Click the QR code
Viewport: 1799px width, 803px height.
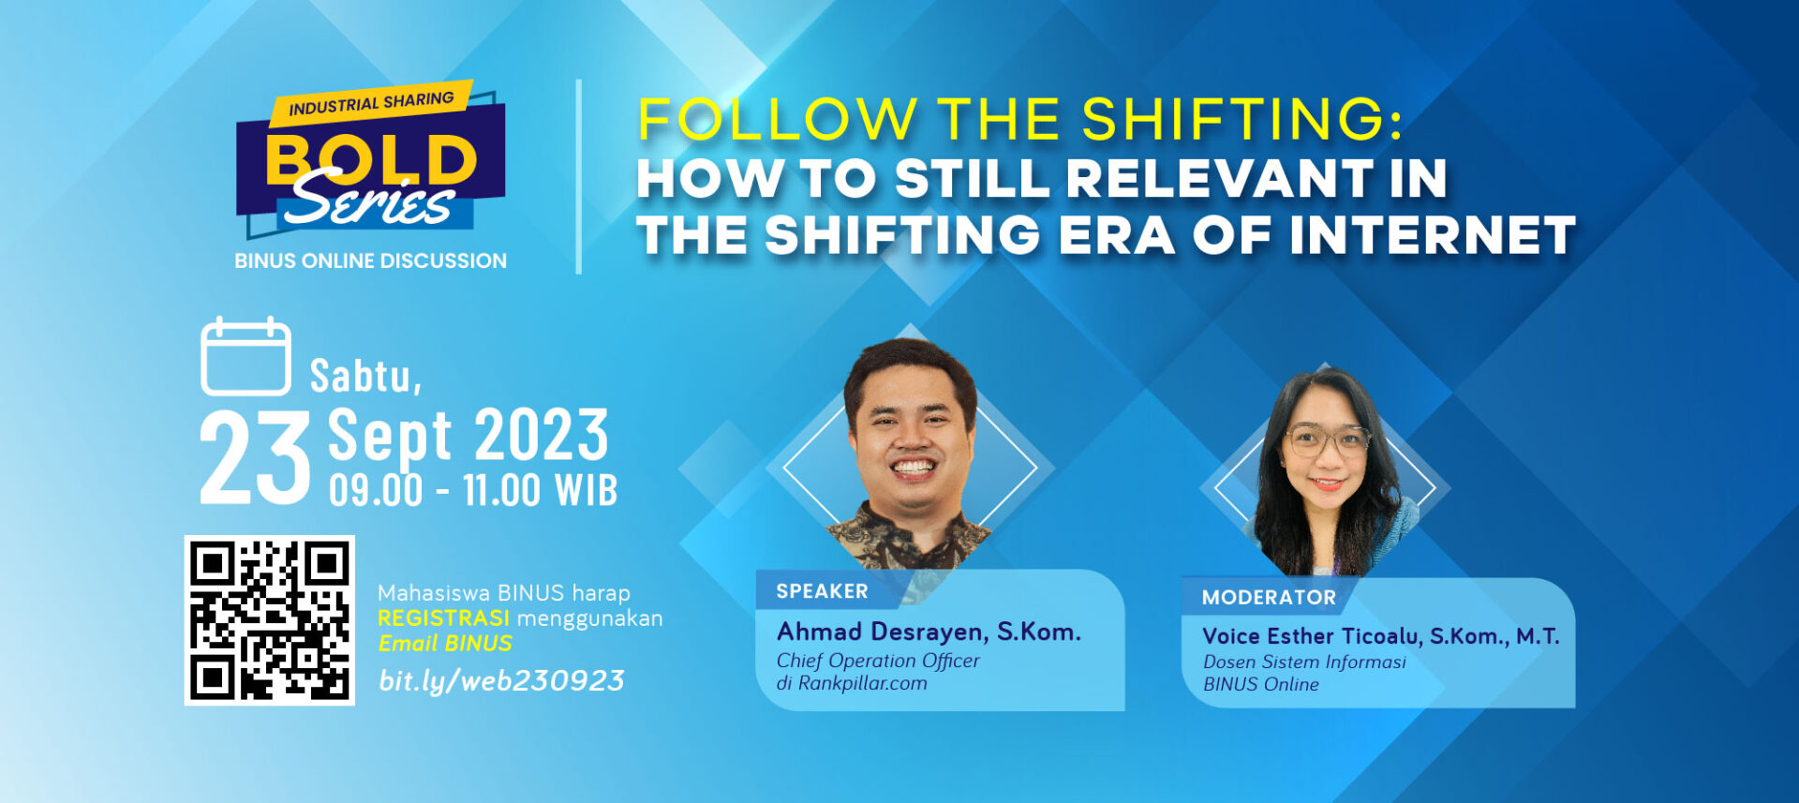point(270,620)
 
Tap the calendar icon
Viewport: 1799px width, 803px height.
point(245,356)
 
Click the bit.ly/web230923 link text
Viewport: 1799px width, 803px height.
point(501,681)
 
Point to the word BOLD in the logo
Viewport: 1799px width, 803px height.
point(372,160)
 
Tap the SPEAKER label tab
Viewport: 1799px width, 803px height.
point(822,591)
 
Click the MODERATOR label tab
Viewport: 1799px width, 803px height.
point(1269,598)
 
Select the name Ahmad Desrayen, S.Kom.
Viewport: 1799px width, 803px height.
point(929,632)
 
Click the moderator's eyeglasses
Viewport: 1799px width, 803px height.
point(1326,439)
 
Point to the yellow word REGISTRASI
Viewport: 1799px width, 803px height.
point(444,618)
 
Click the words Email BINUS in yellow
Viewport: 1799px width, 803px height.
point(445,644)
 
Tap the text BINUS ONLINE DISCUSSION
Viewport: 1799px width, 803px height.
point(370,260)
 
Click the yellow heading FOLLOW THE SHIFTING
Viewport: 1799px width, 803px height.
point(1019,119)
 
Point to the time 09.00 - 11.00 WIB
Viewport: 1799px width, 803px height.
point(473,490)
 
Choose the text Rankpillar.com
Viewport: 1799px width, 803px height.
point(862,683)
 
